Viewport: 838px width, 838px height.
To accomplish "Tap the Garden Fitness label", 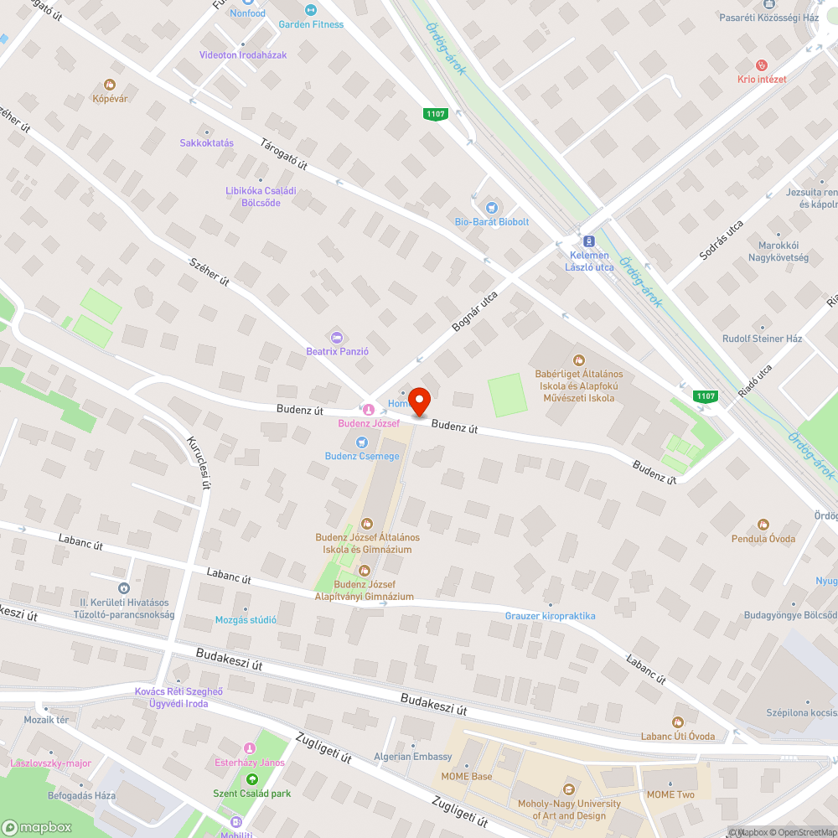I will [311, 24].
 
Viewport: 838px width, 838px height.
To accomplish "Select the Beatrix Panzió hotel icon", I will [337, 337].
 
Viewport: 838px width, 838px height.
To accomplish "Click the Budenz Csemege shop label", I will [362, 456].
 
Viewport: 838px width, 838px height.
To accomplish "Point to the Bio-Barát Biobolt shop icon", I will [492, 207].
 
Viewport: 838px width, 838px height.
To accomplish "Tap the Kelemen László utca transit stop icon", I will [588, 240].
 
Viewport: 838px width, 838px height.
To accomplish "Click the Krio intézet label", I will [761, 79].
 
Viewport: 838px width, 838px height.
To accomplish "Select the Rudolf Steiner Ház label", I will [762, 339].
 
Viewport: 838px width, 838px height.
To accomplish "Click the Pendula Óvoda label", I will [763, 538].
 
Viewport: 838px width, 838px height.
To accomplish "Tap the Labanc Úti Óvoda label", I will [677, 736].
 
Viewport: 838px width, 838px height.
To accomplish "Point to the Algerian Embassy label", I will [412, 757].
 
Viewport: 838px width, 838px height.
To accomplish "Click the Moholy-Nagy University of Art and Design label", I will [568, 810].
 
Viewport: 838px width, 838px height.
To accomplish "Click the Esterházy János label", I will [249, 763].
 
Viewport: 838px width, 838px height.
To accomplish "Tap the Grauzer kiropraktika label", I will [550, 616].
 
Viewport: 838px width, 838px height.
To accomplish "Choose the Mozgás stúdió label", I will [246, 620].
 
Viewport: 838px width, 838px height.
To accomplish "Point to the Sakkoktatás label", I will [206, 142].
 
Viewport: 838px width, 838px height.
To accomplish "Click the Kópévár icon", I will [109, 85].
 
